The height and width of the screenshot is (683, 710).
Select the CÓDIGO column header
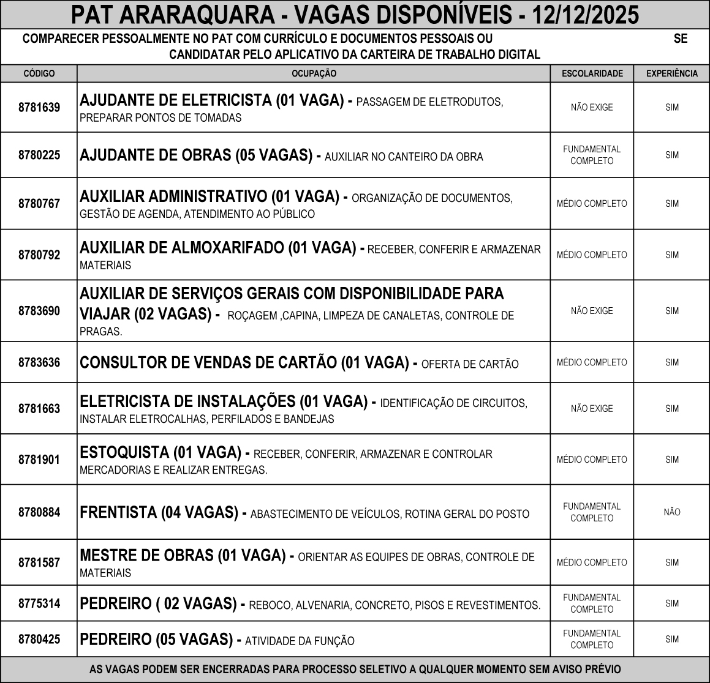tap(39, 73)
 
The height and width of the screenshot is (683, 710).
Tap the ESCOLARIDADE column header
tap(592, 73)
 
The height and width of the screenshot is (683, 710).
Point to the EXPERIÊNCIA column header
tap(672, 73)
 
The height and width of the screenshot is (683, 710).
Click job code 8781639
tap(39, 108)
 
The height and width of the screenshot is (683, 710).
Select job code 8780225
tap(39, 155)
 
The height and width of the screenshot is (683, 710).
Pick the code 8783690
tap(39, 311)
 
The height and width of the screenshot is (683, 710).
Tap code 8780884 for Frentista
tap(39, 512)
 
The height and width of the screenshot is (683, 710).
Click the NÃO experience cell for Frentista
tap(672, 512)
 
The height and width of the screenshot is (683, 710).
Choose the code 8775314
tap(39, 603)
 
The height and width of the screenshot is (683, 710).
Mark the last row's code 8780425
tap(39, 640)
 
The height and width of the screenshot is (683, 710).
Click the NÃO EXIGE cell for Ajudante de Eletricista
tap(592, 108)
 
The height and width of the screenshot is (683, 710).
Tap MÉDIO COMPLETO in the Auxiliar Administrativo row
tap(592, 204)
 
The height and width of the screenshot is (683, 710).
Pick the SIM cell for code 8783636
tap(672, 362)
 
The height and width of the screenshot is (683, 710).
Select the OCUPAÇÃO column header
tap(314, 73)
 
